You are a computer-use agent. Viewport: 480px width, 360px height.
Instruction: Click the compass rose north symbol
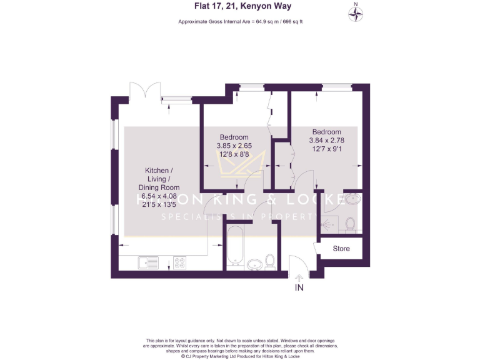[x=356, y=14]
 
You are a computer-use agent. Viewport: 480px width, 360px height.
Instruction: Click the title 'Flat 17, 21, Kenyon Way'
[x=241, y=7]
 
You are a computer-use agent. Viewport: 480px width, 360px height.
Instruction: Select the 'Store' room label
[x=341, y=249]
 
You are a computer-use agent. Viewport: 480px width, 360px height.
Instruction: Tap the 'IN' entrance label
[x=299, y=288]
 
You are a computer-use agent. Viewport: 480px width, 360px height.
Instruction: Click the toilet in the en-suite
[x=350, y=224]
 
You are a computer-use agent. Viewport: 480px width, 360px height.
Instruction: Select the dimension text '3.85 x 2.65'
[x=234, y=146]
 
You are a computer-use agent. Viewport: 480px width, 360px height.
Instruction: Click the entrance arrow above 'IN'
[x=299, y=275]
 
